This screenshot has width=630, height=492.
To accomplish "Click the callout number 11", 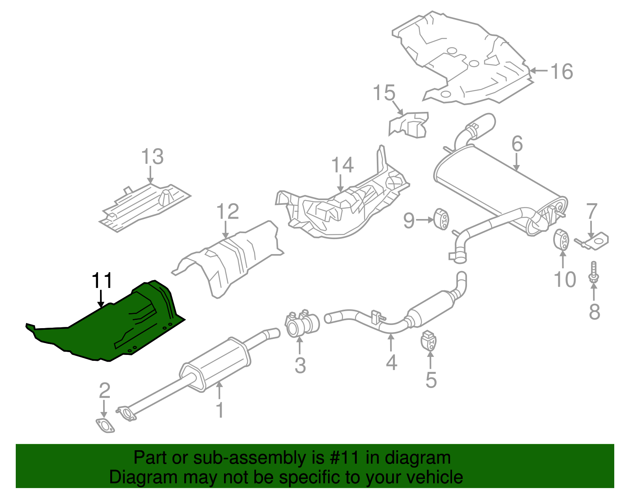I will [102, 281].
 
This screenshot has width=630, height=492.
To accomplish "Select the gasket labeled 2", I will [105, 427].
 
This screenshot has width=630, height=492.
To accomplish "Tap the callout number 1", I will [220, 410].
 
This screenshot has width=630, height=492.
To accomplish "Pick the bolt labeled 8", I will [594, 272].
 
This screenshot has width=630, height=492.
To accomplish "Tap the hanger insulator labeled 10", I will [561, 239].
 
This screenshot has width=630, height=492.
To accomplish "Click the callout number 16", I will [561, 72].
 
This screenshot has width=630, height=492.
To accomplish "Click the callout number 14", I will [342, 165].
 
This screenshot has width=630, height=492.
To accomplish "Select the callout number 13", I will [152, 157].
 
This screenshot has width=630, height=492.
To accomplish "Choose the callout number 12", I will [228, 212].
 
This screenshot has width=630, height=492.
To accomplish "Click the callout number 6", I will [517, 144].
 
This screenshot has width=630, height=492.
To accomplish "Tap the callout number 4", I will [391, 362].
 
